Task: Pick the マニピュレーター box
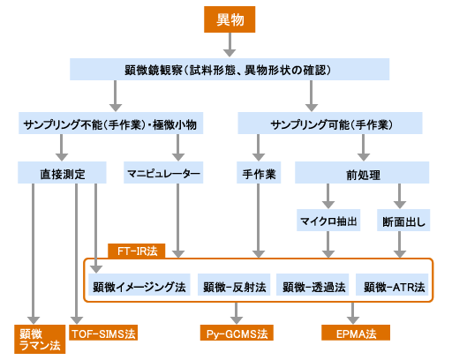(163, 173)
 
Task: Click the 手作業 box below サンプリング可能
(259, 173)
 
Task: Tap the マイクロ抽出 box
(328, 221)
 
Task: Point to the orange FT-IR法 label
(132, 251)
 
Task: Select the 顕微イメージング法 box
(139, 287)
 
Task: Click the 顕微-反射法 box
(231, 287)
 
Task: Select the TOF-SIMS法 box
(105, 334)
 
